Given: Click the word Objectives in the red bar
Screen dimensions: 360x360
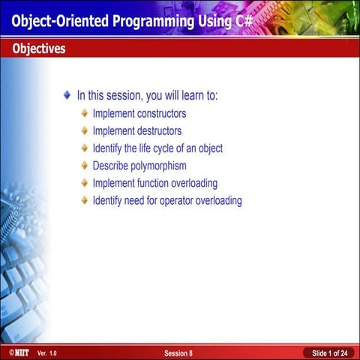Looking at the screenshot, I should point(38,49).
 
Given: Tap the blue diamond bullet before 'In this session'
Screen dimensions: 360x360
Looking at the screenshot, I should point(67,96).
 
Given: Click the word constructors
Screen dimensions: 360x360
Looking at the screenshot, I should point(157,114).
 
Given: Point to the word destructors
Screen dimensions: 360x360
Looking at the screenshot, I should point(155,131).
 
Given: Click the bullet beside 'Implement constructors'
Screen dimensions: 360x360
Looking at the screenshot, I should point(84,114).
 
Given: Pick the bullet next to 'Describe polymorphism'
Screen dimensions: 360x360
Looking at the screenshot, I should point(84,166).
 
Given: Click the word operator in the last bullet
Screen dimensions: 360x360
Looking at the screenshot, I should point(174,200).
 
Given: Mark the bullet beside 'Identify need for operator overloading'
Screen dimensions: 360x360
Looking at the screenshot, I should point(84,200).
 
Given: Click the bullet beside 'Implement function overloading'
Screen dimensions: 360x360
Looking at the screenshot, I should point(84,183).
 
